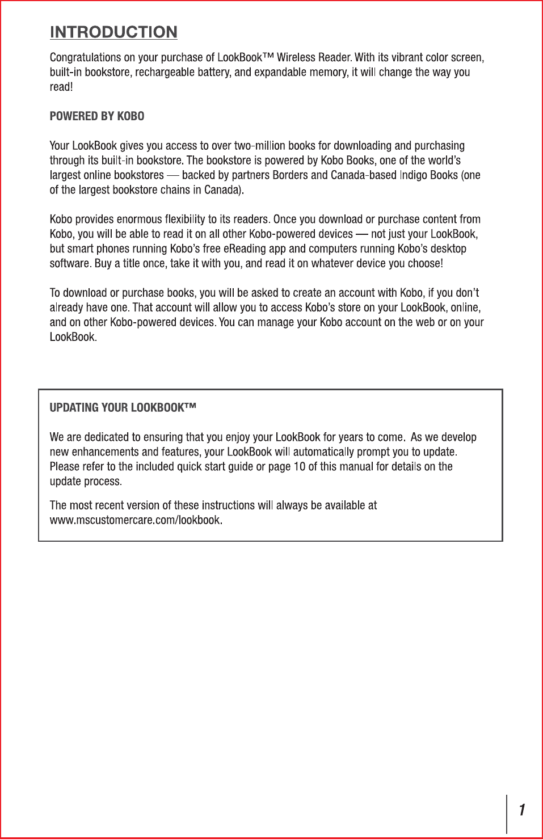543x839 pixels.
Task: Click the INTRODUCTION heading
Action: pos(113,32)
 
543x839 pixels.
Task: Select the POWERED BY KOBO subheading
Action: pos(97,116)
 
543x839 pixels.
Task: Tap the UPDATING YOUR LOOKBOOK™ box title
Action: pos(123,408)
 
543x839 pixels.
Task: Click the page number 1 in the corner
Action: pos(522,810)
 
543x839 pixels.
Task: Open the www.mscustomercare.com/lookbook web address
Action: pos(136,520)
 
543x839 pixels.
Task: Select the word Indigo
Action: pos(414,175)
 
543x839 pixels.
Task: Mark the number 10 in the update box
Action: pos(300,467)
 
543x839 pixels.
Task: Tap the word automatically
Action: pos(327,452)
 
